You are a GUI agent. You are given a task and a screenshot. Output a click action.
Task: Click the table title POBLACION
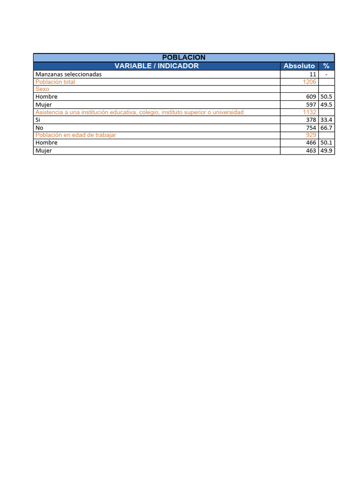point(183,57)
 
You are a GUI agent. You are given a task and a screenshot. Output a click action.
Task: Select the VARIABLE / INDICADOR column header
point(157,66)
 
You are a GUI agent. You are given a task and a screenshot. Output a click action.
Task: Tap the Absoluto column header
point(299,66)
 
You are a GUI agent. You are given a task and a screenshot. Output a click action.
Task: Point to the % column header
point(326,66)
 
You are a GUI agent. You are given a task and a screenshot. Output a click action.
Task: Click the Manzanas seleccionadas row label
point(68,74)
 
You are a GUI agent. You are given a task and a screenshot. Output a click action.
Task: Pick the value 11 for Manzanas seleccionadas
point(313,74)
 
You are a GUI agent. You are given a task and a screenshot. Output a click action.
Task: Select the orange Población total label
point(55,82)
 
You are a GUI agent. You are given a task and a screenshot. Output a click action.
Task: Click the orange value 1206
point(310,82)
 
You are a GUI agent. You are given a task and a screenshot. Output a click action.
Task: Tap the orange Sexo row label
point(42,89)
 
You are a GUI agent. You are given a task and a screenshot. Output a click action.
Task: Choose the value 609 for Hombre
point(311,97)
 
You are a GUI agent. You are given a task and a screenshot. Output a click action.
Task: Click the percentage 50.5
point(326,97)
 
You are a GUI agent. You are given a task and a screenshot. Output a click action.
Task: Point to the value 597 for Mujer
point(311,105)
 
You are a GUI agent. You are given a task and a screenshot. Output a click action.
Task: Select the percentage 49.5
point(326,105)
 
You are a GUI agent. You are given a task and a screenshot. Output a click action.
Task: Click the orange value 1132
point(310,112)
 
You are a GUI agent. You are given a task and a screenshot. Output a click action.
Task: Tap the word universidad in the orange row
point(228,112)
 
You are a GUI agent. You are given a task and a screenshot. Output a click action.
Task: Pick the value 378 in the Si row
point(311,120)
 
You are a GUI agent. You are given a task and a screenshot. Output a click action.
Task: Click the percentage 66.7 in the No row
point(326,127)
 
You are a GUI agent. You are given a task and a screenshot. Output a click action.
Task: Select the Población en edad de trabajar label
point(75,135)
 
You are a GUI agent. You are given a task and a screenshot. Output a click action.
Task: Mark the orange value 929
point(311,135)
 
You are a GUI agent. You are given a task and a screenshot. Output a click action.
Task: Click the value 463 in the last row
point(311,151)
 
